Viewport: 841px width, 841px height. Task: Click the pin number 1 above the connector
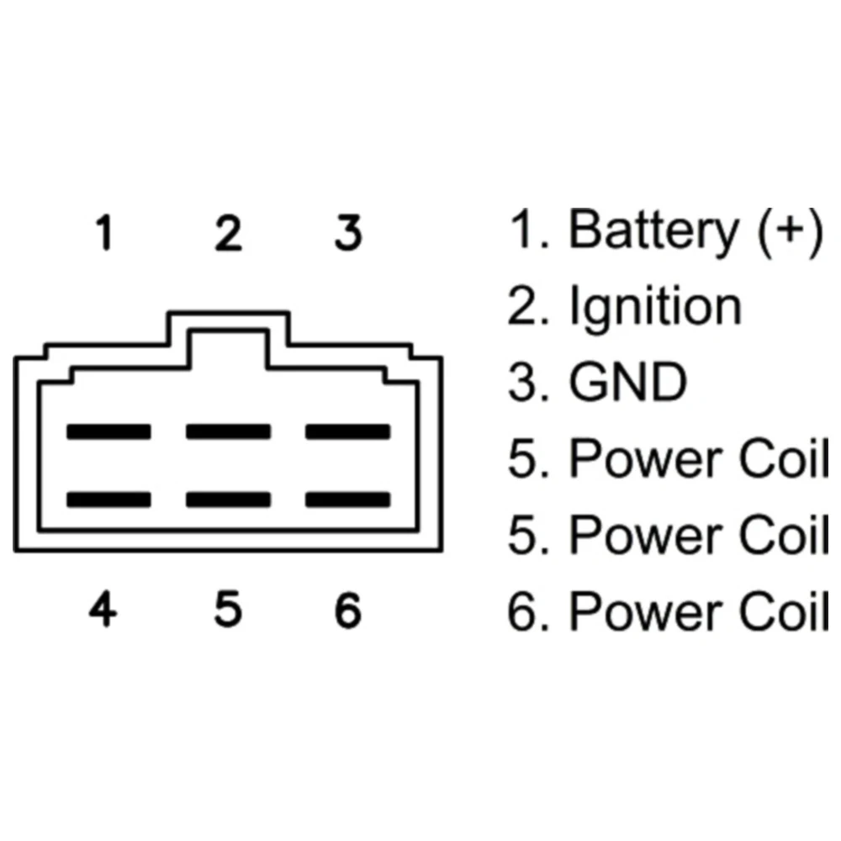tap(104, 233)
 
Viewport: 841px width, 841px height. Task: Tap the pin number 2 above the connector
tap(228, 233)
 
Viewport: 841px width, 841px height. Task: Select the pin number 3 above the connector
tap(347, 233)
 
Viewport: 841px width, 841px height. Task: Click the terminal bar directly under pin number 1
tap(109, 431)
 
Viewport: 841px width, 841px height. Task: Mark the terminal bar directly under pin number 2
tap(229, 431)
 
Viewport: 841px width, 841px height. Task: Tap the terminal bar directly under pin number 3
tap(347, 431)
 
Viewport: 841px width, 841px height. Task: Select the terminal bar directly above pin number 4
tap(109, 500)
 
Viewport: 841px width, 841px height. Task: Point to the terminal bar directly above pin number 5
tap(229, 500)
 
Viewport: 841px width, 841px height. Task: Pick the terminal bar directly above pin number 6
tap(347, 500)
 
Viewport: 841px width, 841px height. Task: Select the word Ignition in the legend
tap(656, 308)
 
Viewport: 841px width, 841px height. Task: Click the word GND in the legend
tap(628, 383)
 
